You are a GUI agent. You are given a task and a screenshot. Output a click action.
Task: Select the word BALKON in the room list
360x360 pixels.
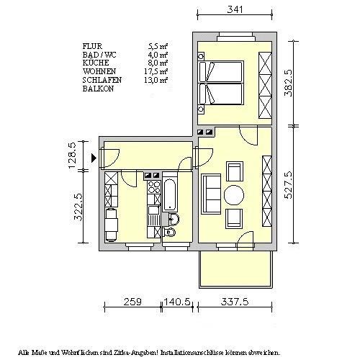click(x=97, y=89)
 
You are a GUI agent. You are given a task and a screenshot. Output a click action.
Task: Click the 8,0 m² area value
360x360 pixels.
click(x=158, y=63)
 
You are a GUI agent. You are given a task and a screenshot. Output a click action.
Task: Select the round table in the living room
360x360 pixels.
click(x=235, y=194)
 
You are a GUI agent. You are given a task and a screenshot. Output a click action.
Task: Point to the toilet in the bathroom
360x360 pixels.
click(x=171, y=233)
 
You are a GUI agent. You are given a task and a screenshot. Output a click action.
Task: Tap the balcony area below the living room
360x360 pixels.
click(x=235, y=271)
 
